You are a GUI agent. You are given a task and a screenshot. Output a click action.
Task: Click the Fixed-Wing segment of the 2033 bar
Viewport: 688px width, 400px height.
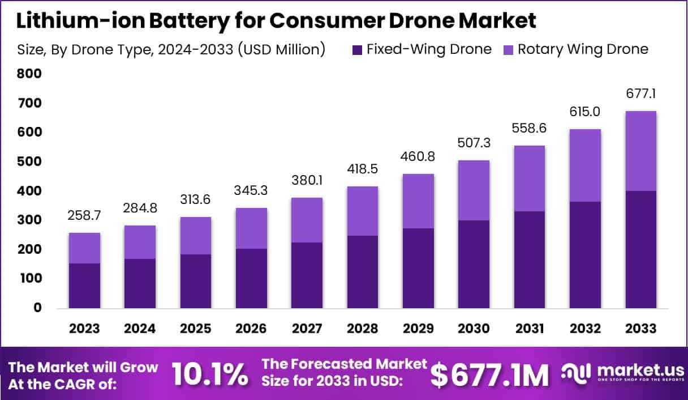(640, 249)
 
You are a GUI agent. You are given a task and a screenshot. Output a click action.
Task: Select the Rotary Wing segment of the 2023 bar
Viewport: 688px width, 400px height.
(85, 248)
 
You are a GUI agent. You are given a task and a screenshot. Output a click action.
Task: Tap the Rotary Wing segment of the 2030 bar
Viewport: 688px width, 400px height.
(474, 190)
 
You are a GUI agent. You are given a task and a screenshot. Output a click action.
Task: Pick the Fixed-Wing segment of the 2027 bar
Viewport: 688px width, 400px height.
(307, 275)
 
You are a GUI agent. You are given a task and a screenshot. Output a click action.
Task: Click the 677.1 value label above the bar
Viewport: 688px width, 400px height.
(640, 93)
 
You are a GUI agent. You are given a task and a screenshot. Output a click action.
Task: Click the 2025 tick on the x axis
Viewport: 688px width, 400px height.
(196, 329)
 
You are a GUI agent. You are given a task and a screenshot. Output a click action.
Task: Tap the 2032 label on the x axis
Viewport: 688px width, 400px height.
(585, 329)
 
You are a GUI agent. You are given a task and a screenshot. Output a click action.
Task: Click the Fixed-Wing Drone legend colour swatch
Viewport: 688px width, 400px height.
(358, 49)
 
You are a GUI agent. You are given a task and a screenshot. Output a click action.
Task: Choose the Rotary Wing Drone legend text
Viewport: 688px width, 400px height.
(583, 49)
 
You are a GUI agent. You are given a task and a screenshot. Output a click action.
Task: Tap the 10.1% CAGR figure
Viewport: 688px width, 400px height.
(209, 374)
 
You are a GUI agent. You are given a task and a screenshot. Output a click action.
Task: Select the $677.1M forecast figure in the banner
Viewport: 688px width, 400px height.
(489, 374)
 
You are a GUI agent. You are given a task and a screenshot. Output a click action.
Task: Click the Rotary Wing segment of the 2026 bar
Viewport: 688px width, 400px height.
(251, 228)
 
